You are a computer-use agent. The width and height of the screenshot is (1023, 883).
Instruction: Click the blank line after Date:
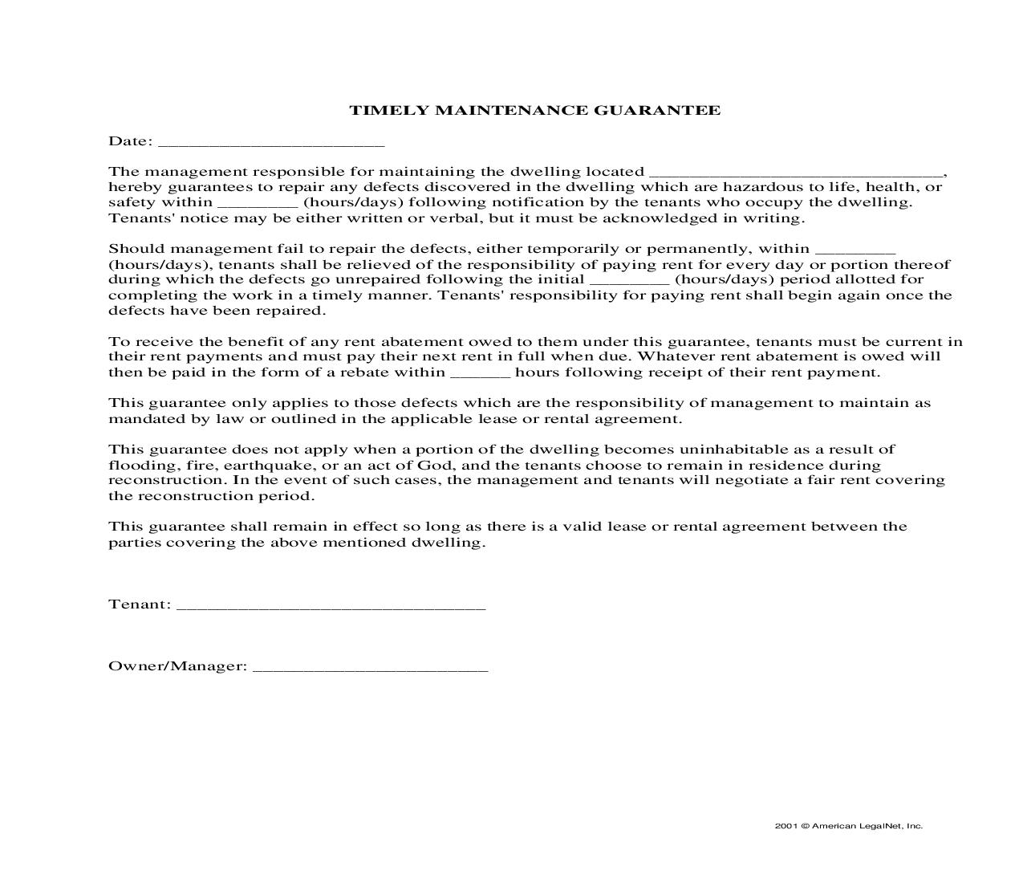(271, 144)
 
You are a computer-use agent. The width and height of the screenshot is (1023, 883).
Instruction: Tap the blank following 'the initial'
(629, 283)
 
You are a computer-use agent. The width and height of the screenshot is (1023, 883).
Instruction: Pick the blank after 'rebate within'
(480, 375)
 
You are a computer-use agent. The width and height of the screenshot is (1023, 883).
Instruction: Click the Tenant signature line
(331, 607)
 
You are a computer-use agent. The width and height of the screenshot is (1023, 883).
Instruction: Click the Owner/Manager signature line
(370, 669)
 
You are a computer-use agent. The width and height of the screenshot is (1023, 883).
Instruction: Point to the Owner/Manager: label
(177, 666)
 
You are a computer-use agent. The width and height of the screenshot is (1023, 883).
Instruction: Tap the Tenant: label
(140, 604)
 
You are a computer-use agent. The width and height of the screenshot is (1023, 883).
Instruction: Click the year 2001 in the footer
(786, 826)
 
